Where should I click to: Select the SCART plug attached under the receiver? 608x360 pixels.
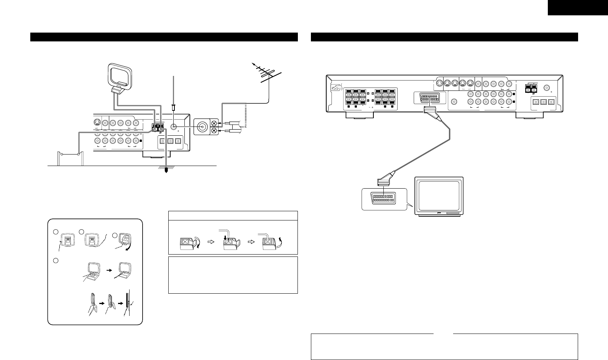(428, 110)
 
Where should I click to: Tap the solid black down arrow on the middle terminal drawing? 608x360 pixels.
(230, 240)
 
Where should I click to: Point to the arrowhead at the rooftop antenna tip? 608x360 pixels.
(253, 63)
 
